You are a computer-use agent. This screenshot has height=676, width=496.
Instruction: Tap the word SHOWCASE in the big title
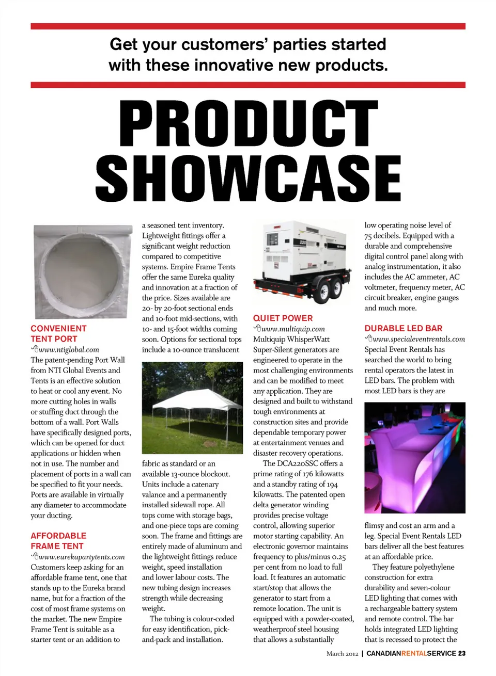coord(249,177)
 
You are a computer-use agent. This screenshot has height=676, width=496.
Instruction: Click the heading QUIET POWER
coord(283,318)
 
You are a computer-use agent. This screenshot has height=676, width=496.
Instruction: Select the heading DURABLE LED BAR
coord(403,328)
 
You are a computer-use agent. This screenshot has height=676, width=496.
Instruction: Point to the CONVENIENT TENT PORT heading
coord(58,333)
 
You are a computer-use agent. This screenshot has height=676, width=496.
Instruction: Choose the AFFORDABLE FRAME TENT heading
coord(58,541)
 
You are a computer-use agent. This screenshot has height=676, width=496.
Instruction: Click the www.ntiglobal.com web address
coord(69,350)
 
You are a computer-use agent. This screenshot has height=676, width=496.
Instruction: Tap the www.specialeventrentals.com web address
coord(419,340)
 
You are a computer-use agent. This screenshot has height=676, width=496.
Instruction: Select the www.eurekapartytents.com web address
coord(82,557)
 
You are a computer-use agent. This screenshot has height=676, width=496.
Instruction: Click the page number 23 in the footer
coord(461,653)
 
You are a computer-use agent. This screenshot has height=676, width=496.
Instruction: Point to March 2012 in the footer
coord(342,654)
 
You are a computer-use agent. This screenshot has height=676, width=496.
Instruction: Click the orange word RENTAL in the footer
coord(414,653)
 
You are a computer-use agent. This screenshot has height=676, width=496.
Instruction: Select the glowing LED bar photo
coord(414,458)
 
